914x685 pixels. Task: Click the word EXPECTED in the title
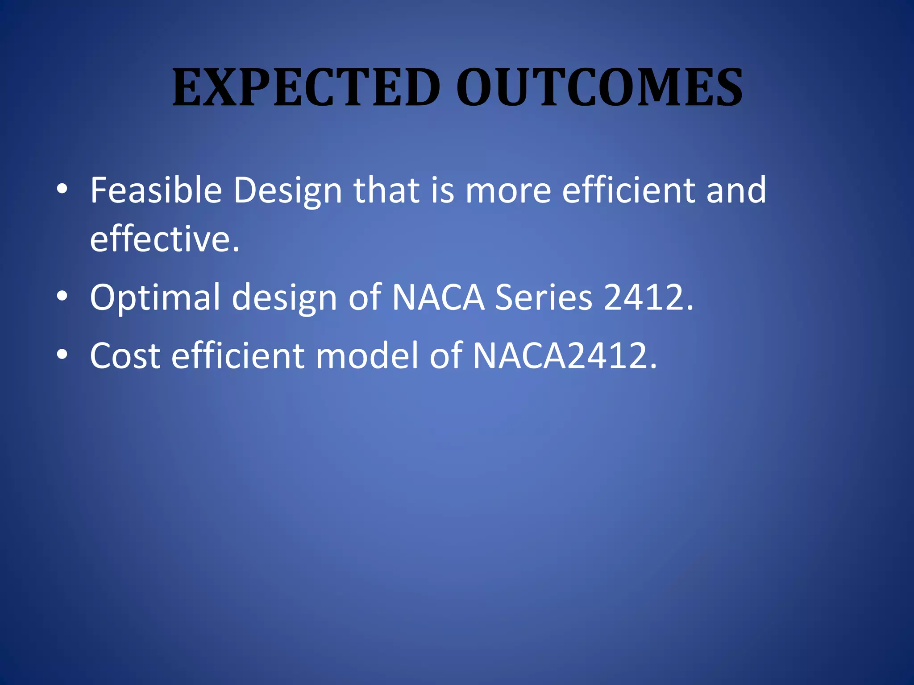click(306, 87)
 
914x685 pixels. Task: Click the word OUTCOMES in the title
click(599, 87)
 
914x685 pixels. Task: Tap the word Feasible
click(156, 190)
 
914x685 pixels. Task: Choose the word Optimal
click(155, 298)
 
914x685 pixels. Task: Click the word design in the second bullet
click(284, 298)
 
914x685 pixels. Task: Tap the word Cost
click(125, 356)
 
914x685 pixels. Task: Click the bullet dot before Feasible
click(62, 189)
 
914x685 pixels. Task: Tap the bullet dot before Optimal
click(62, 296)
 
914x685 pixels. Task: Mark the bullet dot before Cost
click(62, 354)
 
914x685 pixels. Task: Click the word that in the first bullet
click(386, 190)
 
